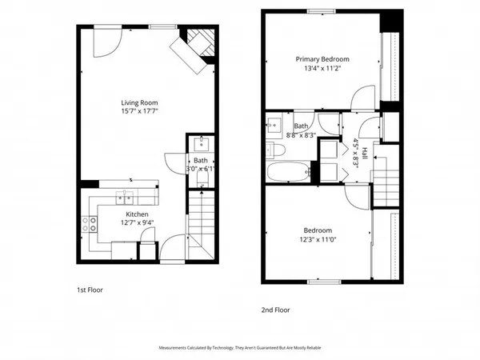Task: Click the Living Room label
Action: pos(138,102)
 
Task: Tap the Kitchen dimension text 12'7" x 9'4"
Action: pos(138,223)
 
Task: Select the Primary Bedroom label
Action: pos(322,59)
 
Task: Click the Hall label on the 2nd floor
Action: pos(364,152)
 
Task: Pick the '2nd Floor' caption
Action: pos(275,309)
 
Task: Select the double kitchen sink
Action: pos(124,197)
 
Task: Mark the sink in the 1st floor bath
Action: pos(200,145)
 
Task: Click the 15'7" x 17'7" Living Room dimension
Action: pos(138,112)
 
